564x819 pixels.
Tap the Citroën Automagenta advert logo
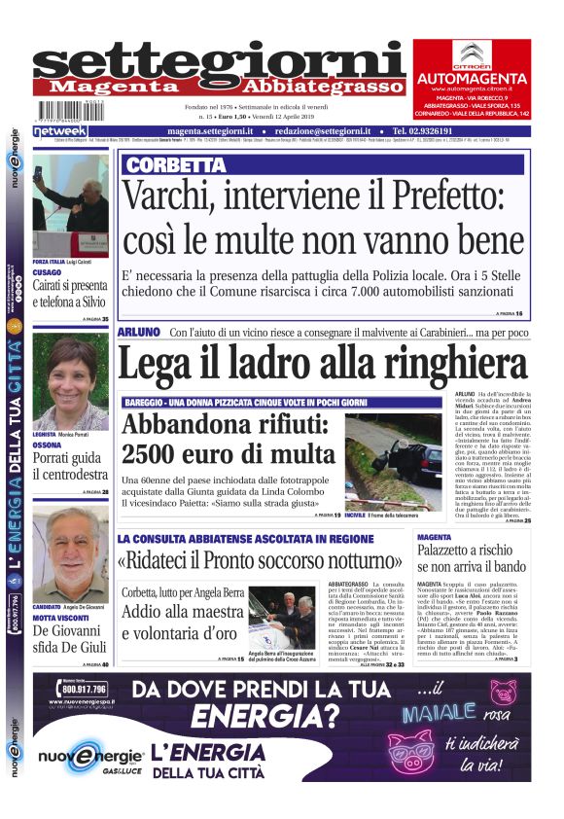coord(472,59)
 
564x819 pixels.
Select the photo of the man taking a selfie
coord(71,206)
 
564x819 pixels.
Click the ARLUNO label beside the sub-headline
coord(138,333)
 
